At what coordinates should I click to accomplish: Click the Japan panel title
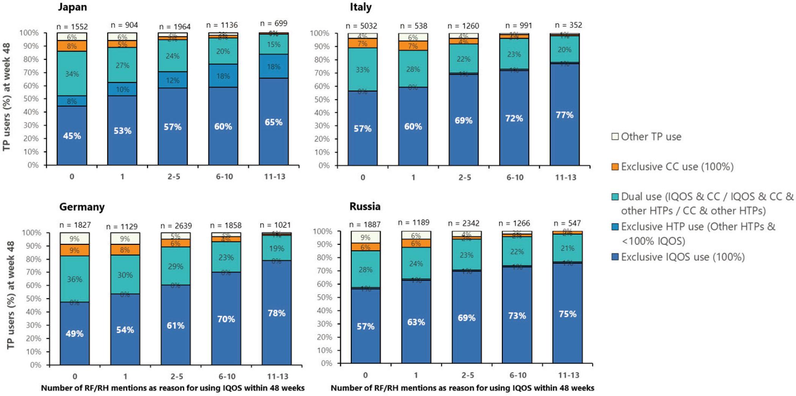click(72, 7)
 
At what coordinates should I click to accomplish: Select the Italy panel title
click(361, 7)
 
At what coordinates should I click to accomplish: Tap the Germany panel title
click(82, 207)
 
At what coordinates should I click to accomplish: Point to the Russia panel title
click(365, 207)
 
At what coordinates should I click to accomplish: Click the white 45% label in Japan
click(72, 136)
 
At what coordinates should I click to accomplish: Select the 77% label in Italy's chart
click(564, 115)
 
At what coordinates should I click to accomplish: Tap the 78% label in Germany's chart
click(276, 313)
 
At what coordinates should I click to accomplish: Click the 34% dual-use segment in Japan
click(72, 74)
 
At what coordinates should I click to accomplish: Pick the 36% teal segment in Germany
click(74, 279)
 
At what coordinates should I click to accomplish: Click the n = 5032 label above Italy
click(361, 26)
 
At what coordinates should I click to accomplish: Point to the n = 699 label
click(273, 24)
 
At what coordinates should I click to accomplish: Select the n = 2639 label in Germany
click(175, 226)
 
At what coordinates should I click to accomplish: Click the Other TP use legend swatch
click(615, 137)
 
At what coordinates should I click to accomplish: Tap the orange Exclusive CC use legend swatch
click(615, 167)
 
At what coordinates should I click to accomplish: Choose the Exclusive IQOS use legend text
click(683, 257)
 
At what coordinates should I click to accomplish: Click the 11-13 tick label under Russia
click(568, 375)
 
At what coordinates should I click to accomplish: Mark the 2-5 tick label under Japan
click(173, 177)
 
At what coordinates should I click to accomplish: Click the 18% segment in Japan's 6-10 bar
click(223, 76)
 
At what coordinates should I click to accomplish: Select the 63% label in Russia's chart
click(416, 322)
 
